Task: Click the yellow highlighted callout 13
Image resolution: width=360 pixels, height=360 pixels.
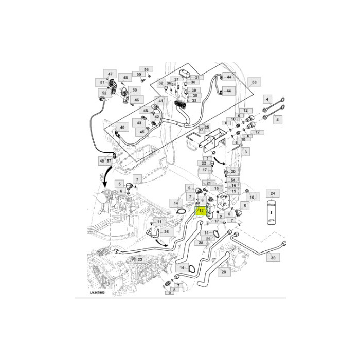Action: pyautogui.click(x=201, y=211)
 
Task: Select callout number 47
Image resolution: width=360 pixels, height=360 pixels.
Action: pyautogui.click(x=110, y=74)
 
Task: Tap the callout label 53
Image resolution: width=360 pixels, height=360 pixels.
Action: pyautogui.click(x=253, y=82)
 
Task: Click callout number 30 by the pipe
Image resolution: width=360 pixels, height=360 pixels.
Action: pyautogui.click(x=273, y=257)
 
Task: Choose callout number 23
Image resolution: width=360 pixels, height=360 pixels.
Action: pyautogui.click(x=139, y=260)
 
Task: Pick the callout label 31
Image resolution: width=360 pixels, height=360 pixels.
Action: pyautogui.click(x=196, y=78)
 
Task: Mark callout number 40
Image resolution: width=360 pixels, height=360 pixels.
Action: pyautogui.click(x=122, y=127)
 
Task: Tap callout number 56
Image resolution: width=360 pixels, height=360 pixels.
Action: pyautogui.click(x=146, y=69)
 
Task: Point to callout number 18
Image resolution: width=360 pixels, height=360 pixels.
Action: pyautogui.click(x=252, y=197)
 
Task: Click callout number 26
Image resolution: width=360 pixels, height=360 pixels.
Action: pyautogui.click(x=166, y=232)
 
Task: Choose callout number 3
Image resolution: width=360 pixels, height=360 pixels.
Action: pyautogui.click(x=246, y=152)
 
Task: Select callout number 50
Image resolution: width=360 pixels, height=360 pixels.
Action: pyautogui.click(x=135, y=91)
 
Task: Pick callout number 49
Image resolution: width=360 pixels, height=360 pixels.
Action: pyautogui.click(x=101, y=161)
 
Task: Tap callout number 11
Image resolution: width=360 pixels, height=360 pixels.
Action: pyautogui.click(x=160, y=222)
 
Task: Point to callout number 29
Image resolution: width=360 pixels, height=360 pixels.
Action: pyautogui.click(x=208, y=239)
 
